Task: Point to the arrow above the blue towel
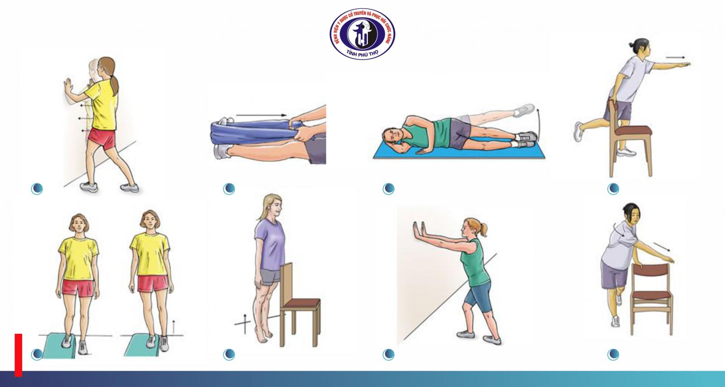(261, 115)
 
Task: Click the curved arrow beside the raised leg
(538, 122)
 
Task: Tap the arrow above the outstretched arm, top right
(675, 58)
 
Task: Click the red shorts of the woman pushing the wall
(102, 138)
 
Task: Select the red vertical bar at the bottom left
(18, 355)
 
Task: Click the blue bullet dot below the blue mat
(388, 189)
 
